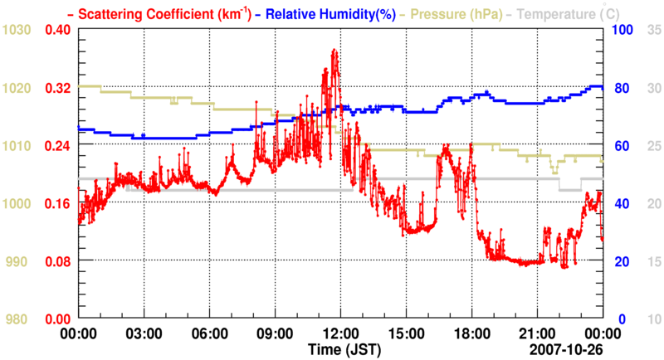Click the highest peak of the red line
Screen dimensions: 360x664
[x=334, y=51]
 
